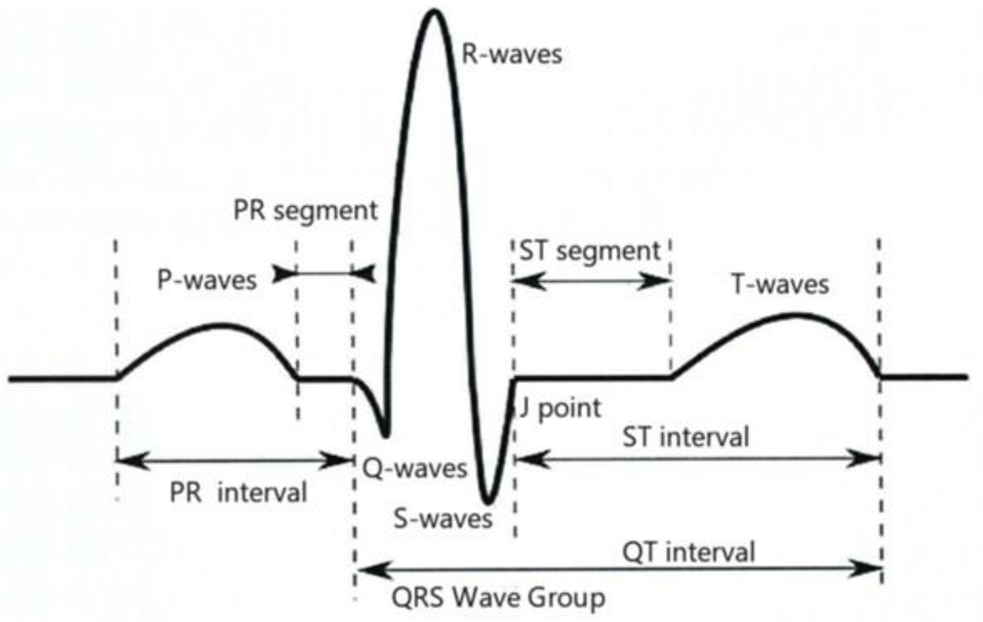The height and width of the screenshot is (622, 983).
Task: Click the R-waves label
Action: coord(512,55)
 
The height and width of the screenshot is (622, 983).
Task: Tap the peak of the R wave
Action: coord(434,12)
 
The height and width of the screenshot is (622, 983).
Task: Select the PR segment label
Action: coord(305,211)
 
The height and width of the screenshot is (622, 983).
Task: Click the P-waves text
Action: coord(207,280)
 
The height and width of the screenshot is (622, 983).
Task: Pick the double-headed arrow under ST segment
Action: coord(591,281)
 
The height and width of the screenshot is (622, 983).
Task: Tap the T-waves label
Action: coord(780,285)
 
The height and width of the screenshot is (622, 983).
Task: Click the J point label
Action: coord(560,408)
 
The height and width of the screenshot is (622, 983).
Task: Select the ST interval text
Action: coord(686,437)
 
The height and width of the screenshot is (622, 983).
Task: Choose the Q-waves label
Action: coord(414,469)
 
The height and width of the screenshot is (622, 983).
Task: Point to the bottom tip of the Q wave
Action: coord(385,435)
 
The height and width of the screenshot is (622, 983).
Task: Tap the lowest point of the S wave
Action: coord(488,502)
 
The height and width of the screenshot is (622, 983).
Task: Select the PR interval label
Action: coord(238,492)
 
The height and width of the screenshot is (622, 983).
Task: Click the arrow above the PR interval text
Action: coord(234,460)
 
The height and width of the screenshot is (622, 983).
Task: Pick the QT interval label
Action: coord(688,552)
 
